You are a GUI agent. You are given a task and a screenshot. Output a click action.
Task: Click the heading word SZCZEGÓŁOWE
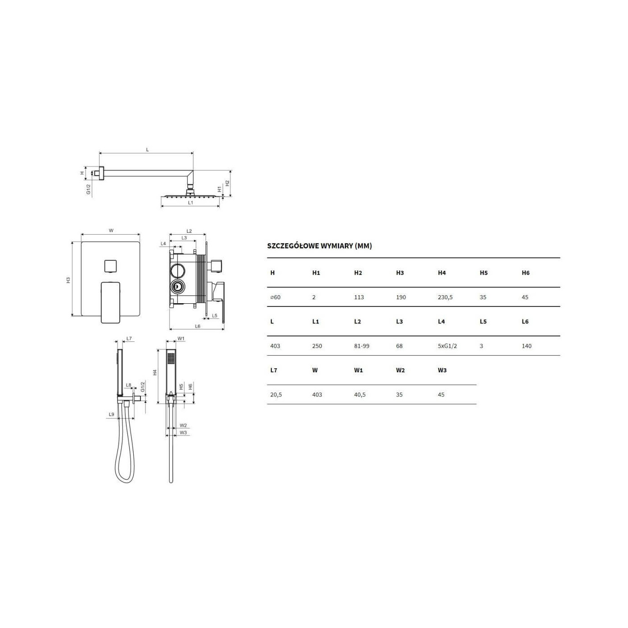tap(293, 246)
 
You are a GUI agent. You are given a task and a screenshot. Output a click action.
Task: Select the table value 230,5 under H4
tap(445, 297)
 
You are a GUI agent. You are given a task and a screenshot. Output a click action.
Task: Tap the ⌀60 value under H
tap(275, 297)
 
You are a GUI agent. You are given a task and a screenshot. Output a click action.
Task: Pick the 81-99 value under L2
tap(362, 346)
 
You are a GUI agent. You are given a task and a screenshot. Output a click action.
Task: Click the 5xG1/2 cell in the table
tap(448, 346)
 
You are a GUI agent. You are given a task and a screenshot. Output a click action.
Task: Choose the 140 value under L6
tap(527, 346)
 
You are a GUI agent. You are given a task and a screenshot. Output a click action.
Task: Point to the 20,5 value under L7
tap(276, 395)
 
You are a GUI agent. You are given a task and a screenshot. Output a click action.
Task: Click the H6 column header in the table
tap(526, 273)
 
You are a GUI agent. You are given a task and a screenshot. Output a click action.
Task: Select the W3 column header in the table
tap(442, 370)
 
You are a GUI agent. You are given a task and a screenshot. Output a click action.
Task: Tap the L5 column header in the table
tap(483, 322)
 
